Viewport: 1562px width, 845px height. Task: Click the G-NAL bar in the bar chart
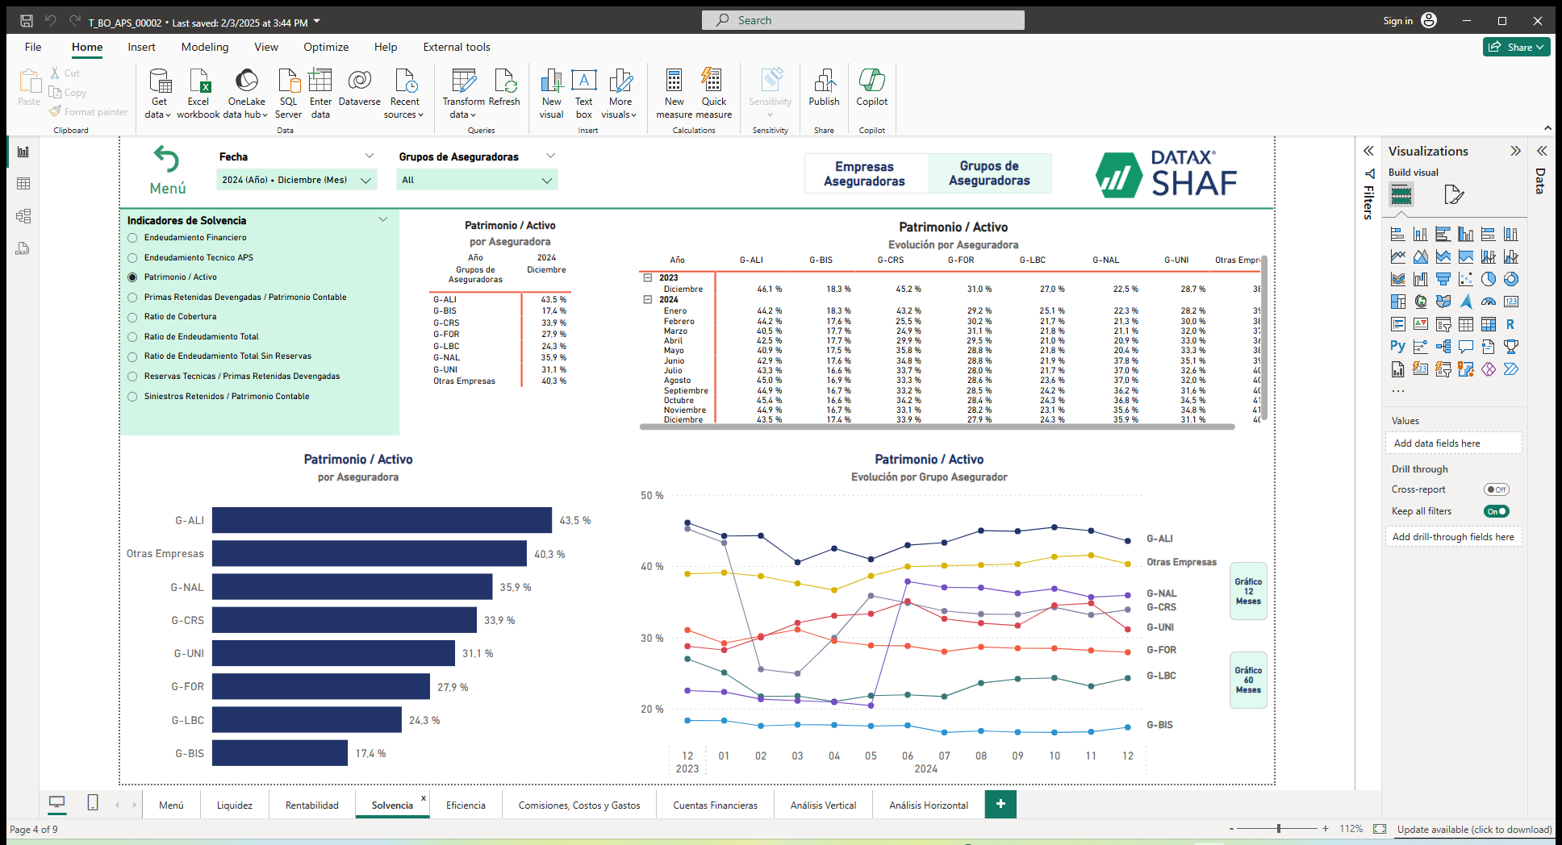point(352,587)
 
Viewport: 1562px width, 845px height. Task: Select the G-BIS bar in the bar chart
point(279,753)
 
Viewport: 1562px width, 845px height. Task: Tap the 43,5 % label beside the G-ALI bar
point(574,521)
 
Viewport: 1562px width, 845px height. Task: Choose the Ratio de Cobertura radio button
point(132,317)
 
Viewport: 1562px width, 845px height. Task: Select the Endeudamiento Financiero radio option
point(132,238)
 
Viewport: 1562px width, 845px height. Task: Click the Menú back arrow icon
point(167,160)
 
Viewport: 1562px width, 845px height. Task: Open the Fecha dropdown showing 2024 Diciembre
point(296,180)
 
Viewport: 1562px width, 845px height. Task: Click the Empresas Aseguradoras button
point(864,173)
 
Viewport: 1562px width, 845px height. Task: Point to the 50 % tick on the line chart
point(652,496)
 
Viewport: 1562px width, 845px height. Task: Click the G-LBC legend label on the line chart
point(1161,676)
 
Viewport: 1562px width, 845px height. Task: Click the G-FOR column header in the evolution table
point(960,260)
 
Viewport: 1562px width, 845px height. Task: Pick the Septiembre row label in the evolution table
point(686,390)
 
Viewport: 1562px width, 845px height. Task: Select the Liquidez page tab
point(234,805)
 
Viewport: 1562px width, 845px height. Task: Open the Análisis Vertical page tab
point(823,805)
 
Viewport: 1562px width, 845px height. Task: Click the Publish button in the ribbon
point(824,88)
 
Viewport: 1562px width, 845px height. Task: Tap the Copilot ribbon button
point(871,88)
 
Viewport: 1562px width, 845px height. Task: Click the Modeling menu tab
point(205,47)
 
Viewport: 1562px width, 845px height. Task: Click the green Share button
point(1516,47)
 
